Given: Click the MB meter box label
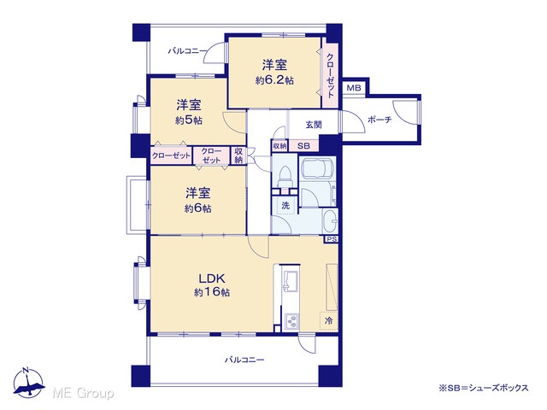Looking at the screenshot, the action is point(353,88).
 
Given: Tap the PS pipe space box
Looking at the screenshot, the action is point(332,239).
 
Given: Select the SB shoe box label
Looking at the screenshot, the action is point(303,146).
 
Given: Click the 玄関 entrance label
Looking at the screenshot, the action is point(314,125).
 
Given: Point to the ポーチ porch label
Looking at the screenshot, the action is point(379,120).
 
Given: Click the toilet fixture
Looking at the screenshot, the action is point(285,178).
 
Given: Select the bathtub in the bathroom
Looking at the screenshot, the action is point(317,169).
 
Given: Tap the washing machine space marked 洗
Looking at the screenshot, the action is point(285,205).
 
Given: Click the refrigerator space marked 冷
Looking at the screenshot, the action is point(328,320).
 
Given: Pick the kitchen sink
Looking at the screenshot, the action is point(291,280).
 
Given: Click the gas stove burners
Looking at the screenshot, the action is point(291,321).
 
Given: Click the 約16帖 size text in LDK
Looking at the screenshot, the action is point(212,292).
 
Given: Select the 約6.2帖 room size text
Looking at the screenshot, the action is point(274,80).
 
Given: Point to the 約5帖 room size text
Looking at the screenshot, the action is point(189,120).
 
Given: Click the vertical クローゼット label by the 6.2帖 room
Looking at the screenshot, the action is point(330,76).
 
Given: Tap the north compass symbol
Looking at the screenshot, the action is point(29,383).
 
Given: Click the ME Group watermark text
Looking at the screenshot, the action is point(83,394).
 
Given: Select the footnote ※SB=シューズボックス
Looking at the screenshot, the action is point(484,388).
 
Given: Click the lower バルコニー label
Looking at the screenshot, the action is point(244,360).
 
